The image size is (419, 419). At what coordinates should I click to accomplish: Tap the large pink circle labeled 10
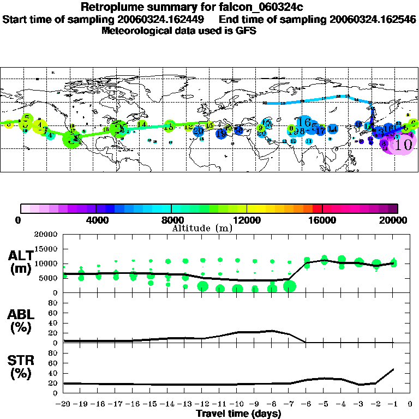[x=403, y=145]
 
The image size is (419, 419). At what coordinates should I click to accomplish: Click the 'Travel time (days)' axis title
[x=238, y=414]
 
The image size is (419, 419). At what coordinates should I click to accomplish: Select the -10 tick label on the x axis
[x=236, y=404]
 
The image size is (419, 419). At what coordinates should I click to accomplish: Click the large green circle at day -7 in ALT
[x=289, y=286]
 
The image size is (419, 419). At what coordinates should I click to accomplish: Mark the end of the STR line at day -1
[x=394, y=369]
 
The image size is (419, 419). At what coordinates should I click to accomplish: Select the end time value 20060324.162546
[x=373, y=19]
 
